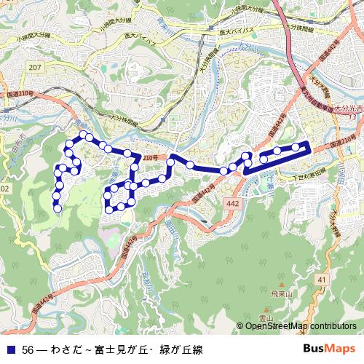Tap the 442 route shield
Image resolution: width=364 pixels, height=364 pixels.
tap(231, 205)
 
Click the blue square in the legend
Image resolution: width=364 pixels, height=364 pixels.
tap(12, 348)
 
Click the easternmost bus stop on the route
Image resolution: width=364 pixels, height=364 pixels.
tap(296, 148)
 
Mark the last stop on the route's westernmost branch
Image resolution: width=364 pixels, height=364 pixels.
tap(58, 207)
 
